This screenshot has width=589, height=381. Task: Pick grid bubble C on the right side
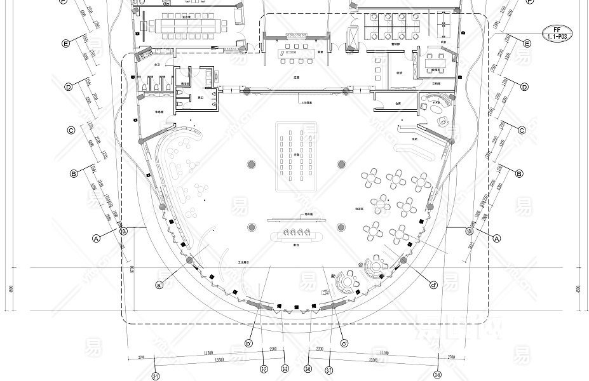click(x=522, y=130)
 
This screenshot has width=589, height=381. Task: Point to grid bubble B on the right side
click(x=518, y=173)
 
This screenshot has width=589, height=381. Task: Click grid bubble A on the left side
click(x=97, y=239)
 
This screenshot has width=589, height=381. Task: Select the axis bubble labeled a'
click(x=159, y=284)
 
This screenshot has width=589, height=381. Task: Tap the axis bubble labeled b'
click(x=248, y=344)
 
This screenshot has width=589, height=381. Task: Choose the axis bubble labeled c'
click(x=344, y=344)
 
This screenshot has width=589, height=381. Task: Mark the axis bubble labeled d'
click(x=433, y=284)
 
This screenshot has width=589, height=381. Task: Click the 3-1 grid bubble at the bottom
click(x=156, y=376)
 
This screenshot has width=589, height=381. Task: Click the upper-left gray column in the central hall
click(x=252, y=164)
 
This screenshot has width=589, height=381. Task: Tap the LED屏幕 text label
click(x=307, y=102)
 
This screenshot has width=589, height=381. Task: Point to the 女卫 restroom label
click(x=158, y=65)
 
